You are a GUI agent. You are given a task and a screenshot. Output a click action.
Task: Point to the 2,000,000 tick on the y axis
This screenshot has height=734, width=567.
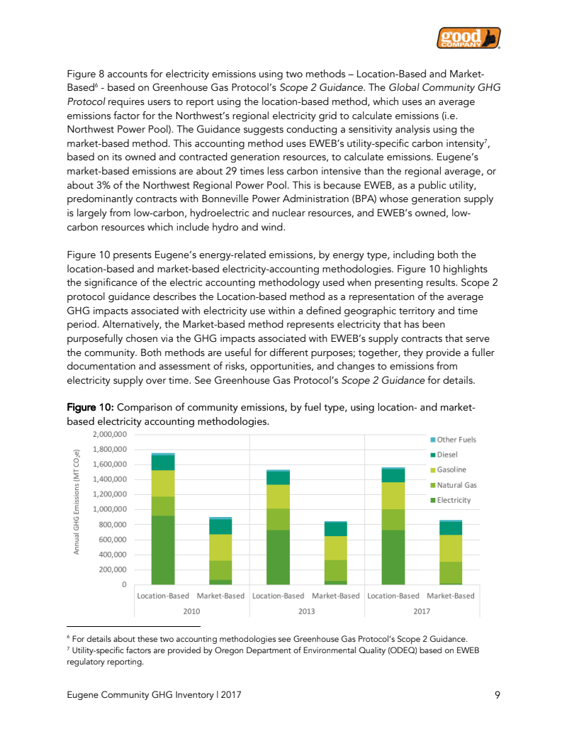click(x=110, y=434)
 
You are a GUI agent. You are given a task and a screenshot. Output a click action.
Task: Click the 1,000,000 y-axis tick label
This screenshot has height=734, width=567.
click(x=110, y=509)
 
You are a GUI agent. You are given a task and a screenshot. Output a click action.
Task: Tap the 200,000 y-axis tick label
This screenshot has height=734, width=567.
click(x=113, y=569)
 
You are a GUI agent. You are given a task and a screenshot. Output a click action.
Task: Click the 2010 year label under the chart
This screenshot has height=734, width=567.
click(x=191, y=611)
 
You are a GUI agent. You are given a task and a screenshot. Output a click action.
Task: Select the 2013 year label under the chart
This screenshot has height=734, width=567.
click(x=306, y=611)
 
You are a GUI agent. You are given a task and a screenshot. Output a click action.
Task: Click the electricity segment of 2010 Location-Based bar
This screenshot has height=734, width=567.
click(x=163, y=550)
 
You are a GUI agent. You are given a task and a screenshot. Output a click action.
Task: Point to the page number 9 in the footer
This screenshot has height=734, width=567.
click(x=497, y=696)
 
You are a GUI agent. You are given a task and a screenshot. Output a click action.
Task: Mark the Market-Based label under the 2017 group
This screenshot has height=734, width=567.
click(x=451, y=596)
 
